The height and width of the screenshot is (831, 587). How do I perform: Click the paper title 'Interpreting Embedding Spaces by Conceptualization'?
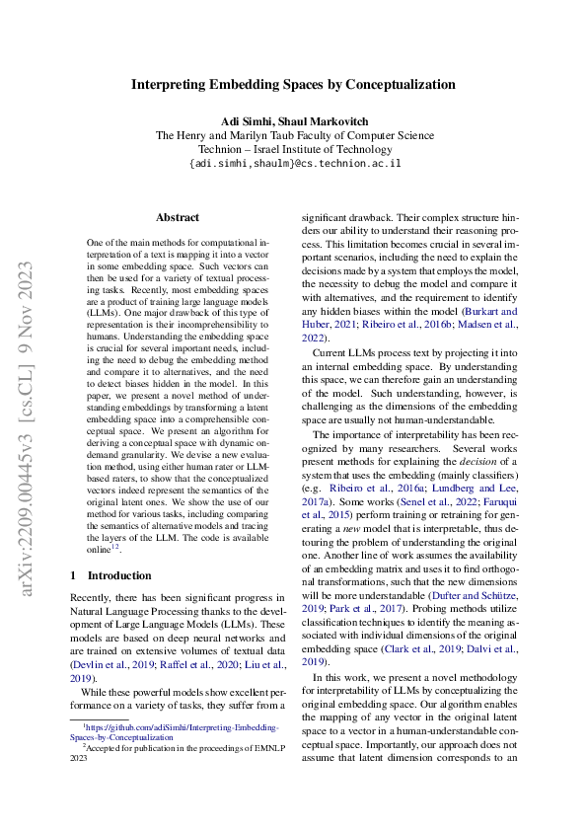(293, 85)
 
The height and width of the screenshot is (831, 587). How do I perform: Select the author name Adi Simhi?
(243, 120)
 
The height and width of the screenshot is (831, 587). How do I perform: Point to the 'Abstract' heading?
(178, 217)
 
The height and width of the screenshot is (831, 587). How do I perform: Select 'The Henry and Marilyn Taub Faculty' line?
(294, 135)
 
